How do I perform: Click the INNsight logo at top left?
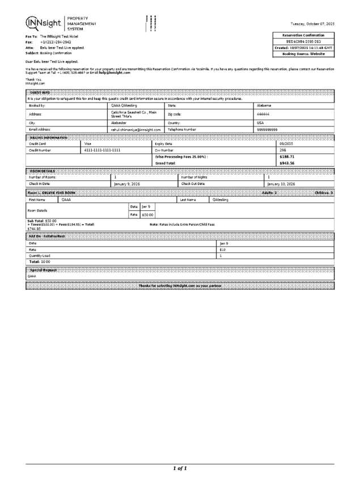pyautogui.click(x=45, y=23)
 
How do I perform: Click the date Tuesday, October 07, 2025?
pyautogui.click(x=312, y=24)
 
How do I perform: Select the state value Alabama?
pyautogui.click(x=264, y=105)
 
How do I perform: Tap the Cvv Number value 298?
pyautogui.click(x=283, y=150)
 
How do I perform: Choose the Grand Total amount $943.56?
pyautogui.click(x=287, y=163)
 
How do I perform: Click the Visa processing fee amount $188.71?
pyautogui.click(x=287, y=157)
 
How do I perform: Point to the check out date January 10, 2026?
pyautogui.click(x=281, y=184)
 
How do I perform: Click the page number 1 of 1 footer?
pyautogui.click(x=180, y=468)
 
